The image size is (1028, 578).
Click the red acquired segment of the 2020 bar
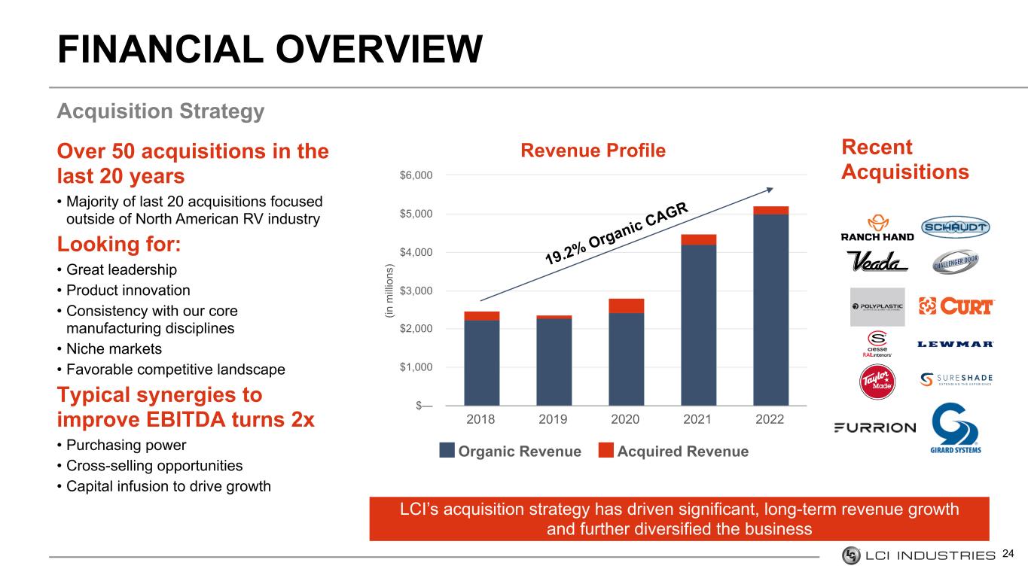tap(626, 306)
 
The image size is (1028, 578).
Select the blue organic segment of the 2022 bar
tap(771, 310)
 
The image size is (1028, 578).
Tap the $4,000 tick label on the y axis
tap(416, 252)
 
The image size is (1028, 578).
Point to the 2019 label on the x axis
tap(553, 419)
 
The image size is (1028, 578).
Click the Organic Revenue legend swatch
tap(447, 450)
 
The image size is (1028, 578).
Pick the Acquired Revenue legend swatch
tap(606, 450)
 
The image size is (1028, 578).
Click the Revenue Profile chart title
tap(593, 151)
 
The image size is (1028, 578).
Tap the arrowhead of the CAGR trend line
tap(770, 190)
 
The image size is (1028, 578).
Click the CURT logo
tap(956, 306)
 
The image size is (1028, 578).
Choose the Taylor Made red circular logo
tap(877, 382)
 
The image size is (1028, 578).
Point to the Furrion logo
tap(874, 428)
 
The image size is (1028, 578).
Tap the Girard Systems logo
tap(956, 428)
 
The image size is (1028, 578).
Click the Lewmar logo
tap(956, 344)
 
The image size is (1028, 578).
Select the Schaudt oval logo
tap(956, 227)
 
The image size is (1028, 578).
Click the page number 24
tap(1008, 554)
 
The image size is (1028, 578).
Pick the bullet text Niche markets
tap(114, 349)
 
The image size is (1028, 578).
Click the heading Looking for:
tap(119, 244)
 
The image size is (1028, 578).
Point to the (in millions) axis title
tap(389, 291)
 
